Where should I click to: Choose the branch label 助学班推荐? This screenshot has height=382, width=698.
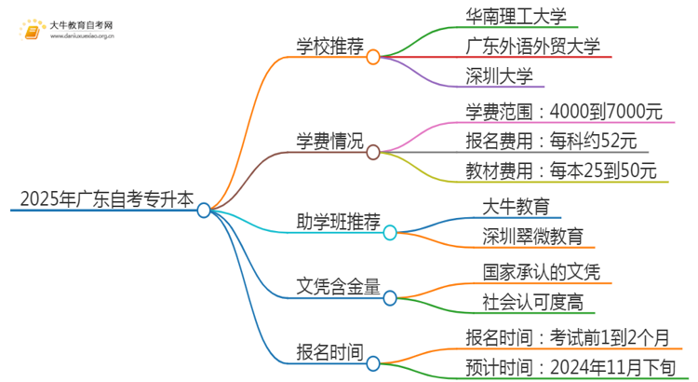click(x=332, y=220)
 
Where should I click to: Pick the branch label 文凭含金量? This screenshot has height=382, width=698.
click(x=332, y=285)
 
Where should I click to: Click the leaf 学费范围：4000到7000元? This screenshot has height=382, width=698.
click(x=564, y=112)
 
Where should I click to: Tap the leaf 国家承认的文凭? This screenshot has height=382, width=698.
click(x=541, y=271)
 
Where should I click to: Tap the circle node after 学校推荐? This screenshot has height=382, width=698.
click(x=373, y=57)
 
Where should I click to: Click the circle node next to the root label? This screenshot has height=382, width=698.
click(x=205, y=211)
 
